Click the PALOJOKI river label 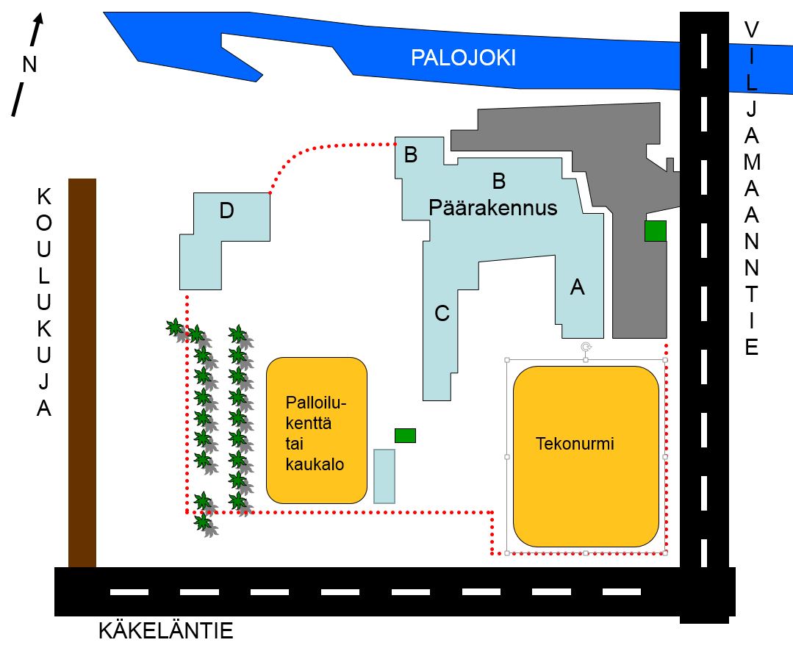click(463, 58)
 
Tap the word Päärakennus click(492, 208)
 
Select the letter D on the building click(226, 212)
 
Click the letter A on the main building click(578, 288)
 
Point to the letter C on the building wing click(442, 314)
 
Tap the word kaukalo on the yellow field click(315, 464)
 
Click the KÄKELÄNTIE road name click(165, 631)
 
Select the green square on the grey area click(655, 231)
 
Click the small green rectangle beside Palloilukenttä click(405, 436)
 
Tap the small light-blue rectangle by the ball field click(384, 476)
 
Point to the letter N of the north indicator click(29, 65)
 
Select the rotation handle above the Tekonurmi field click(586, 346)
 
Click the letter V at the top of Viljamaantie click(751, 30)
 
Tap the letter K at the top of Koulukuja click(44, 197)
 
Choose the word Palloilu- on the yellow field click(315, 403)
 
